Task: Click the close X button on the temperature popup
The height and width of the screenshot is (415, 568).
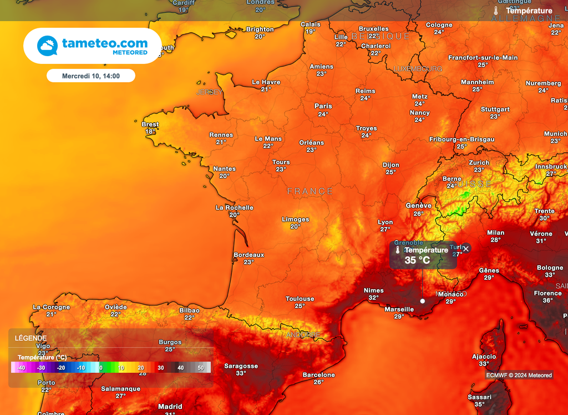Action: [x=466, y=248]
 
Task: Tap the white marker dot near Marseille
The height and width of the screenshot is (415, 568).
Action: [x=422, y=301]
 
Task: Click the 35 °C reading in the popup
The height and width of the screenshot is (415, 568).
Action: [x=418, y=260]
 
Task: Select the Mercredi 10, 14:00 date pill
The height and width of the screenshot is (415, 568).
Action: [x=91, y=76]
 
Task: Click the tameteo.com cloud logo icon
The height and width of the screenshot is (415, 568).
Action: [x=47, y=46]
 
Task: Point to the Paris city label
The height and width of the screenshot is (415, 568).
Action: [x=323, y=106]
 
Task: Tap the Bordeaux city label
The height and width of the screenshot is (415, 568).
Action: [x=249, y=255]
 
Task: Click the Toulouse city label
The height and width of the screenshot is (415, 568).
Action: [x=300, y=299]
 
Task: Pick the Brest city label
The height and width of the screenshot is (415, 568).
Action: [x=150, y=124]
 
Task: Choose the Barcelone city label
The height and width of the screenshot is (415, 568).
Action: [x=319, y=375]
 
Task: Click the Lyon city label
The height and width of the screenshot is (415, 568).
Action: [x=386, y=222]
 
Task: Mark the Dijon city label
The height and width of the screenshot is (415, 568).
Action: [x=390, y=165]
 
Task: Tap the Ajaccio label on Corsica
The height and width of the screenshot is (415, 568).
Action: [x=484, y=357]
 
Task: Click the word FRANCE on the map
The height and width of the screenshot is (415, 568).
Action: [x=310, y=191]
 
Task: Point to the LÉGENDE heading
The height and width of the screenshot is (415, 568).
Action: [x=31, y=338]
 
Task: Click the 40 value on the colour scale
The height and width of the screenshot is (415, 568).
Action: [x=181, y=368]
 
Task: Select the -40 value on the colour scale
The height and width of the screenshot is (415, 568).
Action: [x=21, y=368]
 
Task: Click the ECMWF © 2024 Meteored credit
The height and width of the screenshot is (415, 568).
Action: [x=519, y=376]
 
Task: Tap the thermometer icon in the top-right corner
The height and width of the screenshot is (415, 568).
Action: [x=496, y=11]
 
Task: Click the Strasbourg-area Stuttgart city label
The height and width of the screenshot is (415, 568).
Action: [x=495, y=109]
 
